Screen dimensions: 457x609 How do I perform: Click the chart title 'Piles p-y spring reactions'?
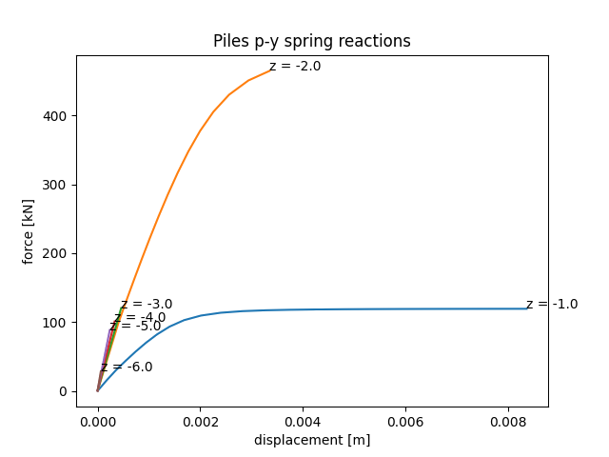[x=311, y=41]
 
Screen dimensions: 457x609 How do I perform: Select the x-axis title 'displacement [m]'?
[x=311, y=440]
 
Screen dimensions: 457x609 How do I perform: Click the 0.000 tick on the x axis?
[x=98, y=419]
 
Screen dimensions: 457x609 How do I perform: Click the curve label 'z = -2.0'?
[x=296, y=67]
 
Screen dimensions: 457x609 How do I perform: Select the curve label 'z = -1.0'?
[x=552, y=304]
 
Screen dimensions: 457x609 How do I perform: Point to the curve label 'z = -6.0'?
[x=130, y=367]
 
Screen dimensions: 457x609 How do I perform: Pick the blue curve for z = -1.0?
[x=381, y=308]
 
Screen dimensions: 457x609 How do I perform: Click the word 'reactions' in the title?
[x=379, y=41]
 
